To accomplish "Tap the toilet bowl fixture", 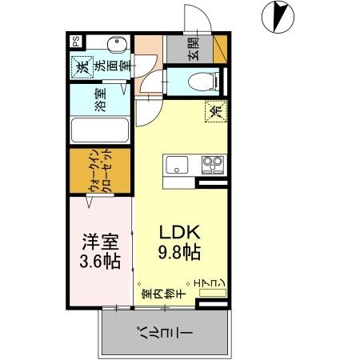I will pyautogui.click(x=203, y=80).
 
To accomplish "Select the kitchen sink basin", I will pyautogui.click(x=177, y=166).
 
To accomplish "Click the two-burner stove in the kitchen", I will pyautogui.click(x=211, y=166).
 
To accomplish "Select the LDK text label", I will pyautogui.click(x=178, y=232).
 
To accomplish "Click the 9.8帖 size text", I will pyautogui.click(x=178, y=252).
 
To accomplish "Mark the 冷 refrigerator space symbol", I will pyautogui.click(x=214, y=113).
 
